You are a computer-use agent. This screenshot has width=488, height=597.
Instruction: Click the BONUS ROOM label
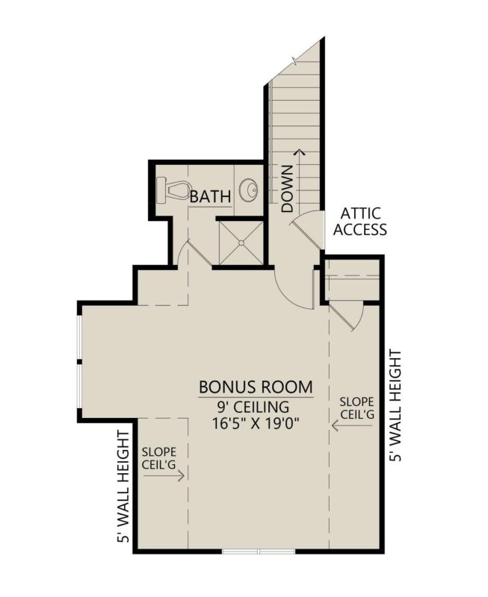(x=255, y=388)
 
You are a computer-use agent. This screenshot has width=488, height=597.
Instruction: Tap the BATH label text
(x=210, y=197)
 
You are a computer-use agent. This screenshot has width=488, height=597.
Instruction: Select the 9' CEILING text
(x=254, y=407)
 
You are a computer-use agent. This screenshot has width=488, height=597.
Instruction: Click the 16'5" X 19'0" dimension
(x=255, y=425)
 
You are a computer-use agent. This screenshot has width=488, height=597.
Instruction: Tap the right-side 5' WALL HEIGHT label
(x=396, y=405)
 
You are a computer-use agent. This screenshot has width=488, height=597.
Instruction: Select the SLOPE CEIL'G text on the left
(x=158, y=456)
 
